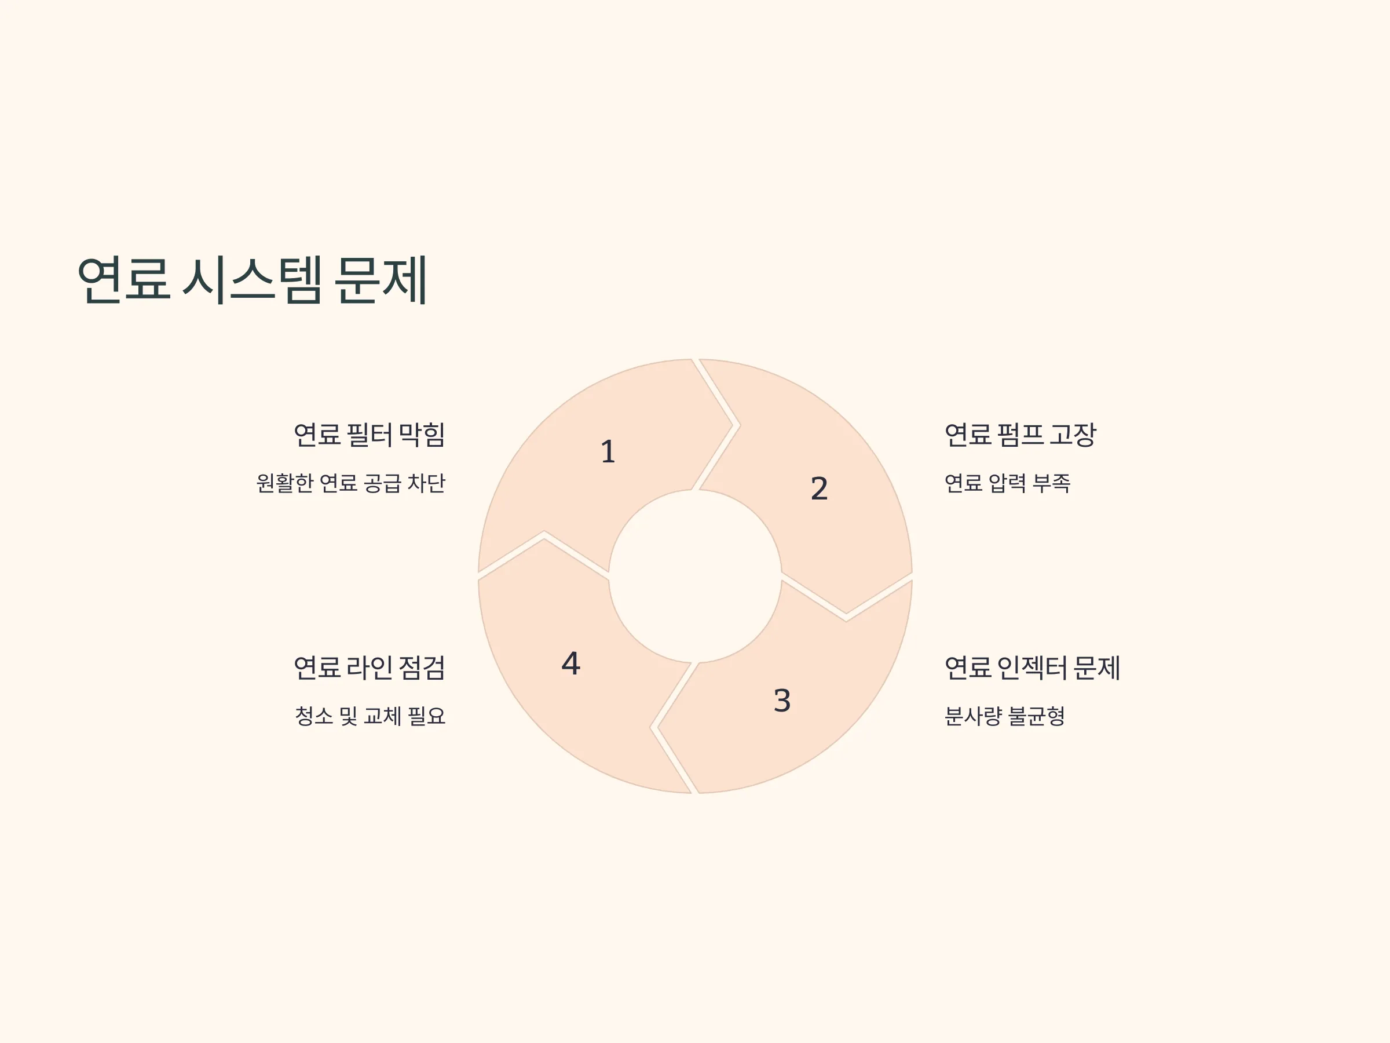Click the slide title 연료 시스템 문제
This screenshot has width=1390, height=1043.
pyautogui.click(x=252, y=280)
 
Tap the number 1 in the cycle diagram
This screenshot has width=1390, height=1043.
pyautogui.click(x=608, y=451)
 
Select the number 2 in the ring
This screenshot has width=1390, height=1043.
pyautogui.click(x=819, y=488)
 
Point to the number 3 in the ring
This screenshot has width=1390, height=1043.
pyautogui.click(x=782, y=701)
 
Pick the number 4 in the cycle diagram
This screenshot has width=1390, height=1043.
pyautogui.click(x=570, y=663)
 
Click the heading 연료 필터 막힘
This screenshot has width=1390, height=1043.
pyautogui.click(x=370, y=435)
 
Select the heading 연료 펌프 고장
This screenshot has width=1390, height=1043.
pyautogui.click(x=1020, y=435)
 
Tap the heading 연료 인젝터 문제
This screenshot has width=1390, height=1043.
pyautogui.click(x=1033, y=668)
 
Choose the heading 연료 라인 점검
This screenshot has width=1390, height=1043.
pyautogui.click(x=370, y=668)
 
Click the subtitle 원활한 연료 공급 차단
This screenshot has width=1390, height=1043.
pyautogui.click(x=350, y=483)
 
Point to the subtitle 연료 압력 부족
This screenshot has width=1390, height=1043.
pyautogui.click(x=1007, y=483)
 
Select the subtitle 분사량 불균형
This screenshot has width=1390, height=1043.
pyautogui.click(x=1005, y=716)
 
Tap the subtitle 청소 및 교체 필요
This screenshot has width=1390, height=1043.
pyautogui.click(x=370, y=716)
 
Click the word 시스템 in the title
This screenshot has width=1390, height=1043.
pyautogui.click(x=253, y=280)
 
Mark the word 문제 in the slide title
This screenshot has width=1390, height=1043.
pyautogui.click(x=381, y=280)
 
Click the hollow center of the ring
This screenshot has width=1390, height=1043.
pyautogui.click(x=695, y=576)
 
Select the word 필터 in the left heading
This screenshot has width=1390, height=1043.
pyautogui.click(x=370, y=435)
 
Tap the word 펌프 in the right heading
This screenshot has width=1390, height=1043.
pyautogui.click(x=1020, y=435)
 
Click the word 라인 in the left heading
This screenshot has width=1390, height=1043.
pyautogui.click(x=370, y=668)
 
